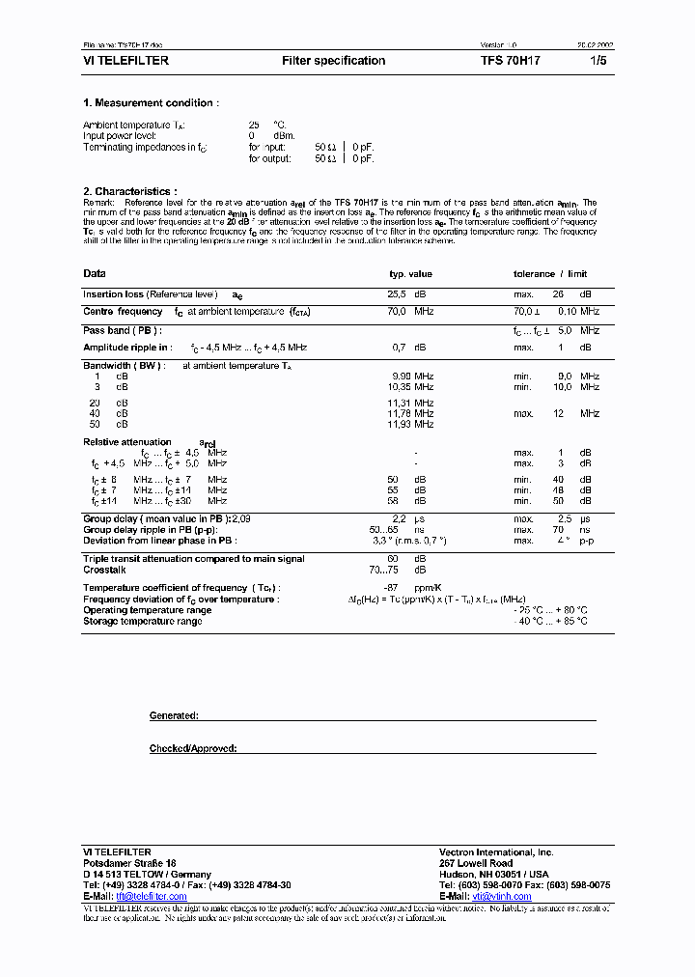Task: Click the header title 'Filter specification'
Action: tap(333, 61)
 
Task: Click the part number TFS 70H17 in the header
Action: tap(511, 61)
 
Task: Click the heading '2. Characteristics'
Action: tap(129, 192)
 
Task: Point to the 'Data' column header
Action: tap(95, 274)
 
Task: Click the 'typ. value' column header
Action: tap(410, 274)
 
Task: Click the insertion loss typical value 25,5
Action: tap(396, 294)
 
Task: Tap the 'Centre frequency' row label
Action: tap(123, 312)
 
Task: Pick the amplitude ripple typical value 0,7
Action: tap(399, 347)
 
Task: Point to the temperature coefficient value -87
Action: tap(394, 588)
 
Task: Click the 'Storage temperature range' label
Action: tap(142, 622)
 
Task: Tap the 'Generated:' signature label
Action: tap(174, 716)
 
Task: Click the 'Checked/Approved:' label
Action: tap(192, 749)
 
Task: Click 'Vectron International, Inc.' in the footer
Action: tap(496, 852)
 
